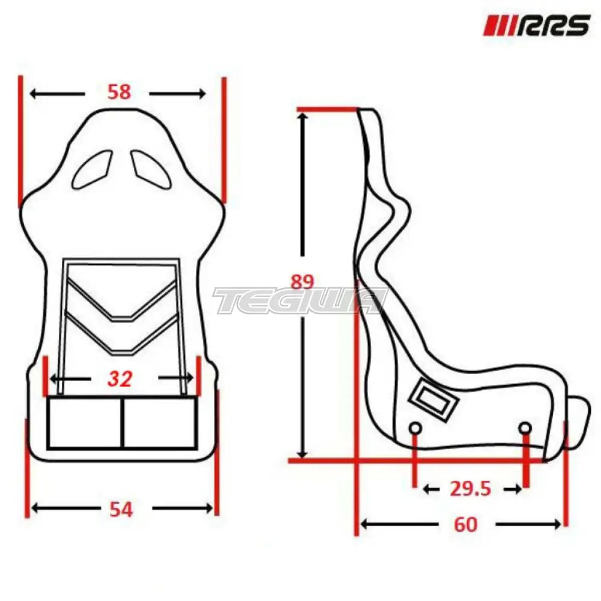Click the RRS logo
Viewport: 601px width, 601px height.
[x=536, y=26]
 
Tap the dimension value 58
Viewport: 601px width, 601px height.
[x=119, y=92]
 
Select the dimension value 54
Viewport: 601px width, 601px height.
[x=121, y=510]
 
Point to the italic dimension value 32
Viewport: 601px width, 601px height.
[x=120, y=379]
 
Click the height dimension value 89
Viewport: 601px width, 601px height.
[x=302, y=282]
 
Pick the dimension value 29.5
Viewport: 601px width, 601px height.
[x=471, y=489]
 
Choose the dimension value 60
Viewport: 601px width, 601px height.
[x=466, y=524]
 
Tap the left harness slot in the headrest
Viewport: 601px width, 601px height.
[x=92, y=169]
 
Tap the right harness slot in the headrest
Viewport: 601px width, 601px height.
[x=151, y=169]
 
